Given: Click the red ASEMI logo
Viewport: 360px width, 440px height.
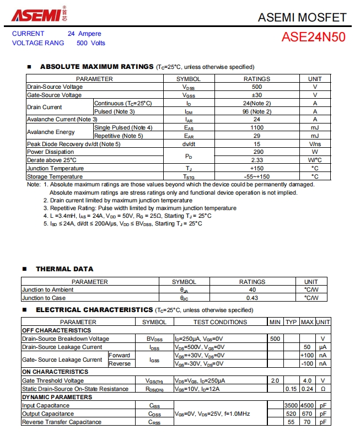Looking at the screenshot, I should pos(36,15).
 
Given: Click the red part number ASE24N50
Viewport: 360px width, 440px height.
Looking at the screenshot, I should pos(314,37).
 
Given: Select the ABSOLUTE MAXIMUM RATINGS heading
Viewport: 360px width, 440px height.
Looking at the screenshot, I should pos(96,67).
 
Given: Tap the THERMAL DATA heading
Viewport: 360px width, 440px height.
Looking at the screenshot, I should pos(65,269).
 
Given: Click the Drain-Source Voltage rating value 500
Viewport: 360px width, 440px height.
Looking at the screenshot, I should pos(256,87).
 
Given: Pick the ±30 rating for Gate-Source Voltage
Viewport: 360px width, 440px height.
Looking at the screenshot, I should pos(256,95).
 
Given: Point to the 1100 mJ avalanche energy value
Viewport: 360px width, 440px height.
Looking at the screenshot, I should pos(256,127).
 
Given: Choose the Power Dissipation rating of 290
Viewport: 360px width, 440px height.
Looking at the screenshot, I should pos(256,152).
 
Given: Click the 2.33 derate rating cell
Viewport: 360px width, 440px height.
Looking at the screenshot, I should pos(256,160).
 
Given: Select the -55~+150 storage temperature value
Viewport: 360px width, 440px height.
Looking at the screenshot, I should pos(256,176).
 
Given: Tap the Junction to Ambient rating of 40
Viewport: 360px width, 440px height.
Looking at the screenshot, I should pos(252,289).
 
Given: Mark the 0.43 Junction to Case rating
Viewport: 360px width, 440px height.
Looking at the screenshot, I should pos(252,298).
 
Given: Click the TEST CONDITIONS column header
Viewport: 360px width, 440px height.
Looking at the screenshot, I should pos(220,322).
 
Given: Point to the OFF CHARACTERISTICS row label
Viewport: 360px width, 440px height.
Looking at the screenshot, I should pos(52,330).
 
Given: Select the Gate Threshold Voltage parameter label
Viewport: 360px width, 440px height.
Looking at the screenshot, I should pos(53,380).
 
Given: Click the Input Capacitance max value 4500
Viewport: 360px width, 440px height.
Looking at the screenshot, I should pos(307,405).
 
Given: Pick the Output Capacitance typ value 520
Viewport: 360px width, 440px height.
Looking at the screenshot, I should pos(291,414).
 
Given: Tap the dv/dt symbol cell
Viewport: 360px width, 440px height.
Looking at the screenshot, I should pos(189,144).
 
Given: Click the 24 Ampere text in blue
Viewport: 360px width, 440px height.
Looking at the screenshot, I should pos(84,34).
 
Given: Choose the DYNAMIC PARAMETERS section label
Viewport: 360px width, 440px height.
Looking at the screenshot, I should pos(57,397).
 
